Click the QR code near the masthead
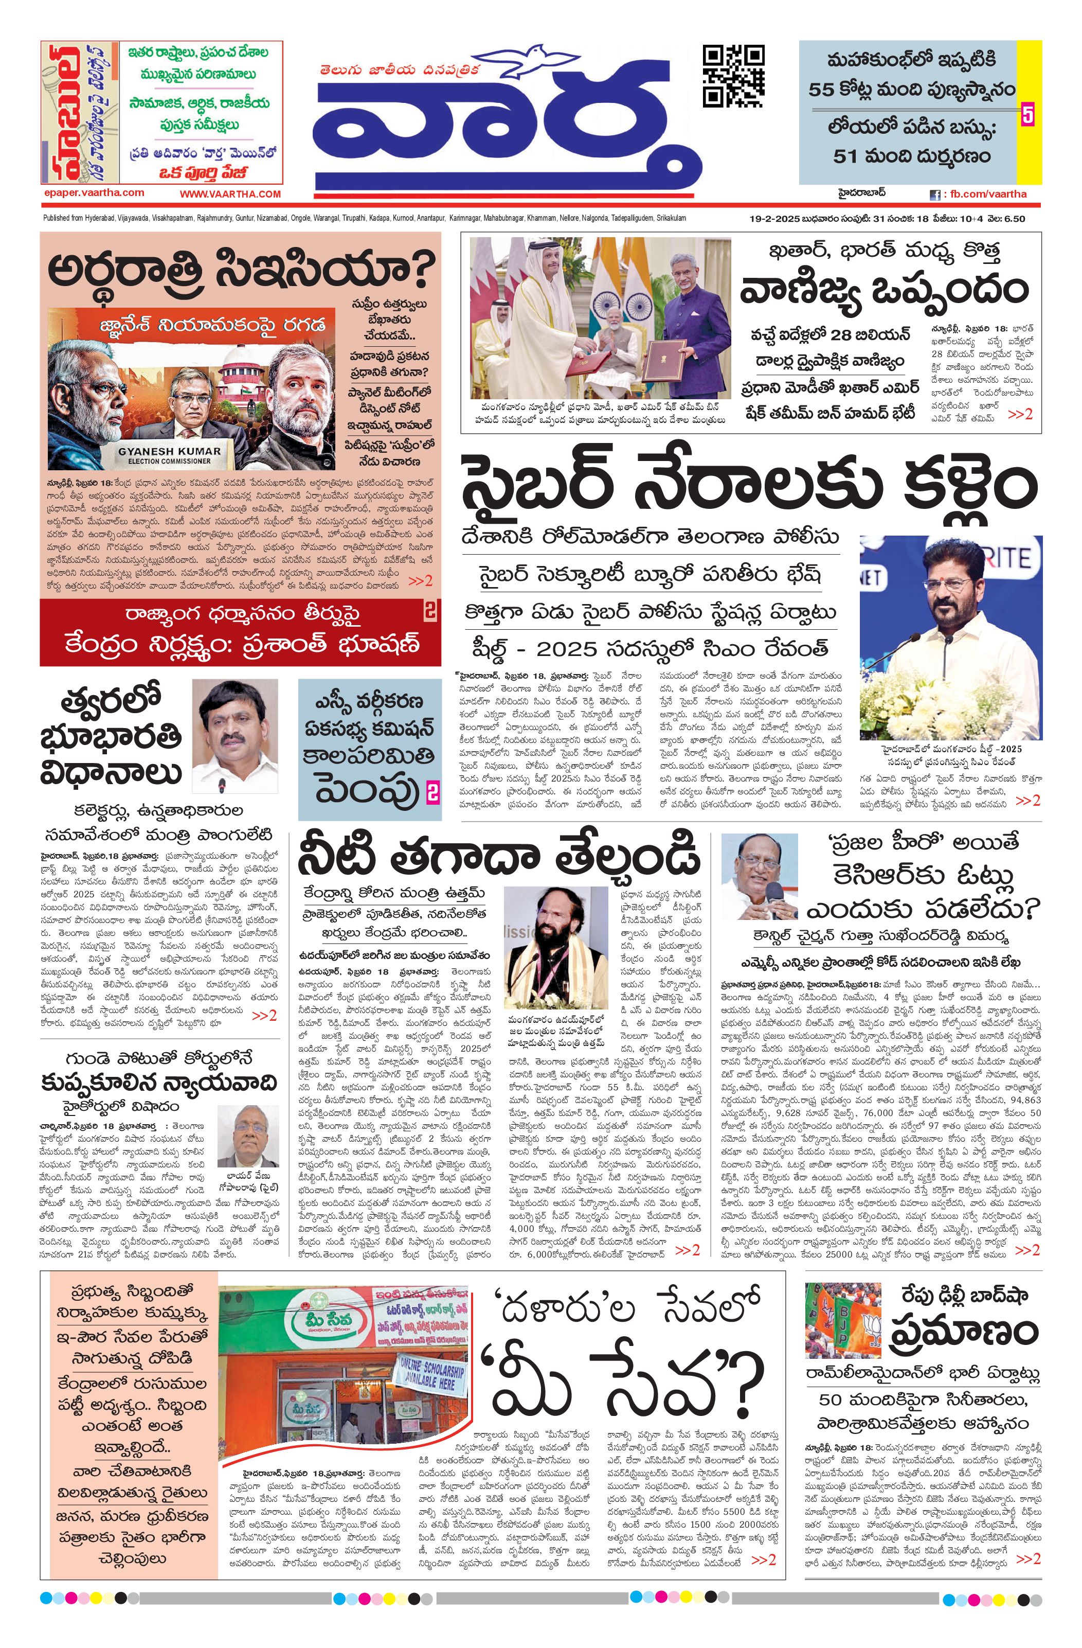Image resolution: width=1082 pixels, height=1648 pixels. tap(733, 76)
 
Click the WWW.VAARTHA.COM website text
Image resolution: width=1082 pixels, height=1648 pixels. tap(230, 194)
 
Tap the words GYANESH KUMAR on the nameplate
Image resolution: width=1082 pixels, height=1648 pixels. tap(170, 451)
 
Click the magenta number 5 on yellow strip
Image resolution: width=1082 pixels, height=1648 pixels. tap(1027, 115)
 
